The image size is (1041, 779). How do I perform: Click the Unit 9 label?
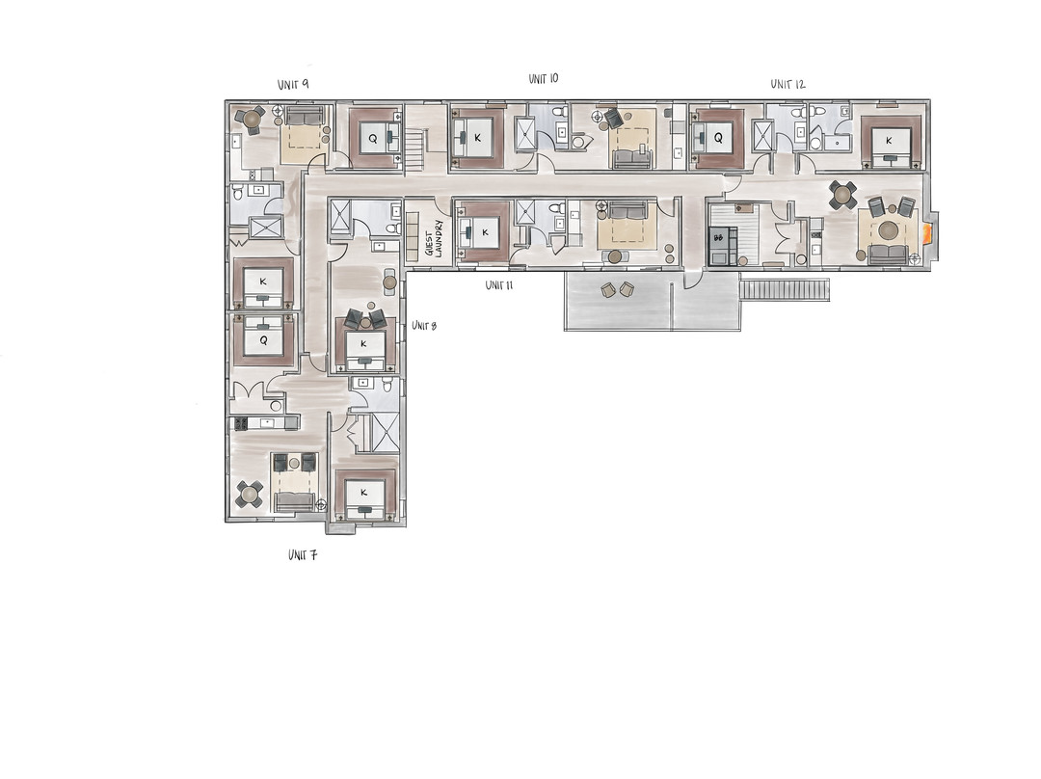(x=293, y=85)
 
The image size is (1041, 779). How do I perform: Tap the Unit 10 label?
(x=544, y=78)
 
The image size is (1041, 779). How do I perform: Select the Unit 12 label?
(x=787, y=85)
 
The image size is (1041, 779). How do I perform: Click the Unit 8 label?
(x=423, y=326)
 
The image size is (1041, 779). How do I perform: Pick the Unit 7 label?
(x=303, y=555)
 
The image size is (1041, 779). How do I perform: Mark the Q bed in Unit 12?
(x=718, y=137)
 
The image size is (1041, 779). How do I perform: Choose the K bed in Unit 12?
(x=889, y=140)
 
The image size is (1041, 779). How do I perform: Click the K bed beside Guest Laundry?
(x=483, y=232)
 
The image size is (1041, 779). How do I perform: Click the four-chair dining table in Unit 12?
(x=842, y=194)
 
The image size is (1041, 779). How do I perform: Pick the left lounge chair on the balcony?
(x=608, y=289)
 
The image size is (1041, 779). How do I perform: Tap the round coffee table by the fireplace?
(x=888, y=230)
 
